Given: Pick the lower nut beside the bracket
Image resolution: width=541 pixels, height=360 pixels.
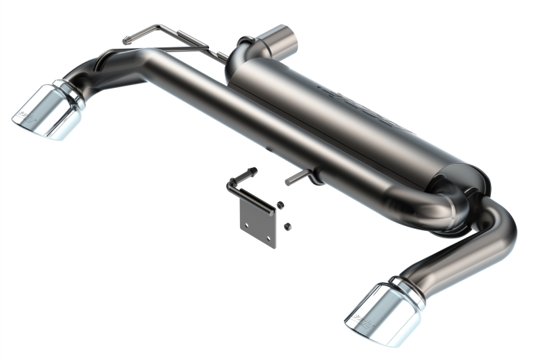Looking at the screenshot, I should [x=287, y=225].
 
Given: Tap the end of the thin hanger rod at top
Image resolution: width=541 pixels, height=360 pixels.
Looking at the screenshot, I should [x=126, y=41].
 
